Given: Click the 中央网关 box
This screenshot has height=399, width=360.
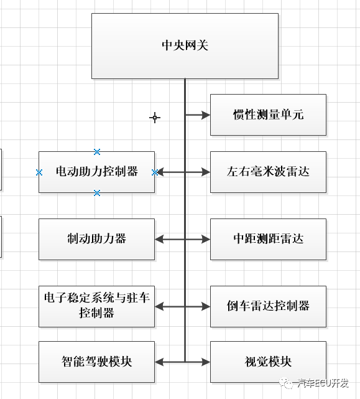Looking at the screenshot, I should [185, 46].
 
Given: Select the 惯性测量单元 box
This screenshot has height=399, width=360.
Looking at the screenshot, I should [268, 115].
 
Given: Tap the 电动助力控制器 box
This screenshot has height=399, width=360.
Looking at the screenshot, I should [96, 172].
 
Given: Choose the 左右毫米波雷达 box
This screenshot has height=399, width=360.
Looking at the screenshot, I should [268, 172].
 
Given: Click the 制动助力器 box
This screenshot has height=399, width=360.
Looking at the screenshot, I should [96, 239].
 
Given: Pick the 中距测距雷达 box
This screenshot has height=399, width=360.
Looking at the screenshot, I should [268, 239].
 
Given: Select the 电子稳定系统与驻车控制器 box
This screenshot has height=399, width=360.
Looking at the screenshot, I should [96, 306].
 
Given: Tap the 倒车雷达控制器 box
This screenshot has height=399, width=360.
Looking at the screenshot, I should [268, 306].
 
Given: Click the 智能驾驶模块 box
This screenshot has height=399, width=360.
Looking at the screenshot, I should [96, 362].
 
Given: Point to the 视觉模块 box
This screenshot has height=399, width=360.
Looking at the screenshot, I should [268, 362].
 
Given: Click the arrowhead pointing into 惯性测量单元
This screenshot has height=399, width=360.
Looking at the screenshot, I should [206, 115].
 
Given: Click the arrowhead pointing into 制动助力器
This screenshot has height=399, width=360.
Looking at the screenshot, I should [159, 239].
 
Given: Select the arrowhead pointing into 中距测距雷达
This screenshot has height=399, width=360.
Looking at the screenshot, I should [206, 239].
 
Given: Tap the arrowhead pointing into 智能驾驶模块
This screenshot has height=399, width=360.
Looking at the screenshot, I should [159, 362].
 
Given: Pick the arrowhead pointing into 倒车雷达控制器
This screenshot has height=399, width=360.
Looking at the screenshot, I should [206, 306].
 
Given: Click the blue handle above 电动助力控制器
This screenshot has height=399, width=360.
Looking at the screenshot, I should [97, 152].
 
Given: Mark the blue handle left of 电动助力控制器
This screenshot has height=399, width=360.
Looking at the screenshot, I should [39, 172].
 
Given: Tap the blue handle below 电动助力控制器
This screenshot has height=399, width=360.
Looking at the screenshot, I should [97, 193].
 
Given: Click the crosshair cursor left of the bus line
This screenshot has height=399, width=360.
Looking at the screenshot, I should [155, 117].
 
